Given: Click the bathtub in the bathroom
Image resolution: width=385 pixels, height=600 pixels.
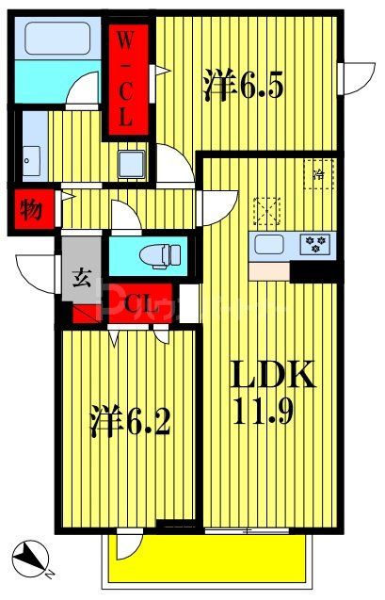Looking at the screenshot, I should pos(56,40).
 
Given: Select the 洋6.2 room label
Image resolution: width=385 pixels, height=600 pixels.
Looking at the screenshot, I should pos(131,421).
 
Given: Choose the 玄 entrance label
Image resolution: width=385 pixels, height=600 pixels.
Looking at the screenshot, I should pos(79,278).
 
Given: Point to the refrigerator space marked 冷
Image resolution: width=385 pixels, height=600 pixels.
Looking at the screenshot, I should pos(318,174).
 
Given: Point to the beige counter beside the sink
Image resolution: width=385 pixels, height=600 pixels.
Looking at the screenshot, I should pos(269,268).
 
